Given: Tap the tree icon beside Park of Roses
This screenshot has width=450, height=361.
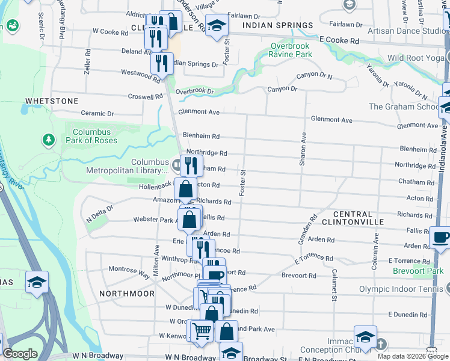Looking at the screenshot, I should pyautogui.click(x=48, y=140).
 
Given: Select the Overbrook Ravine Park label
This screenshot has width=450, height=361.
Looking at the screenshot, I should pyautogui.click(x=291, y=50).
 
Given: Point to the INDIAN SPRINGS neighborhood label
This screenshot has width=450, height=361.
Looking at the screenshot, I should pyautogui.click(x=278, y=25).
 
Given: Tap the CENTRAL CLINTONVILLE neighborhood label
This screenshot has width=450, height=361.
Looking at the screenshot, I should pyautogui.click(x=360, y=218).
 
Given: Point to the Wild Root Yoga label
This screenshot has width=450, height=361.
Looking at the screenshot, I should pyautogui.click(x=416, y=58).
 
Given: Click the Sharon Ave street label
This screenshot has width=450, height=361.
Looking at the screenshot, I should pyautogui.click(x=303, y=149).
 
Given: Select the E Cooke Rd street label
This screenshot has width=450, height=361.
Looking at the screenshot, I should pyautogui.click(x=339, y=40).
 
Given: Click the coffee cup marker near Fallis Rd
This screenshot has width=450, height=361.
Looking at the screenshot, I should pyautogui.click(x=439, y=236).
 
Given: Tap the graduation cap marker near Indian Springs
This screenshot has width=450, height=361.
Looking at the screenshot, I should pyautogui.click(x=217, y=25).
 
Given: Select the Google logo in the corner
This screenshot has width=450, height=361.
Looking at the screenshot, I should pyautogui.click(x=20, y=354).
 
